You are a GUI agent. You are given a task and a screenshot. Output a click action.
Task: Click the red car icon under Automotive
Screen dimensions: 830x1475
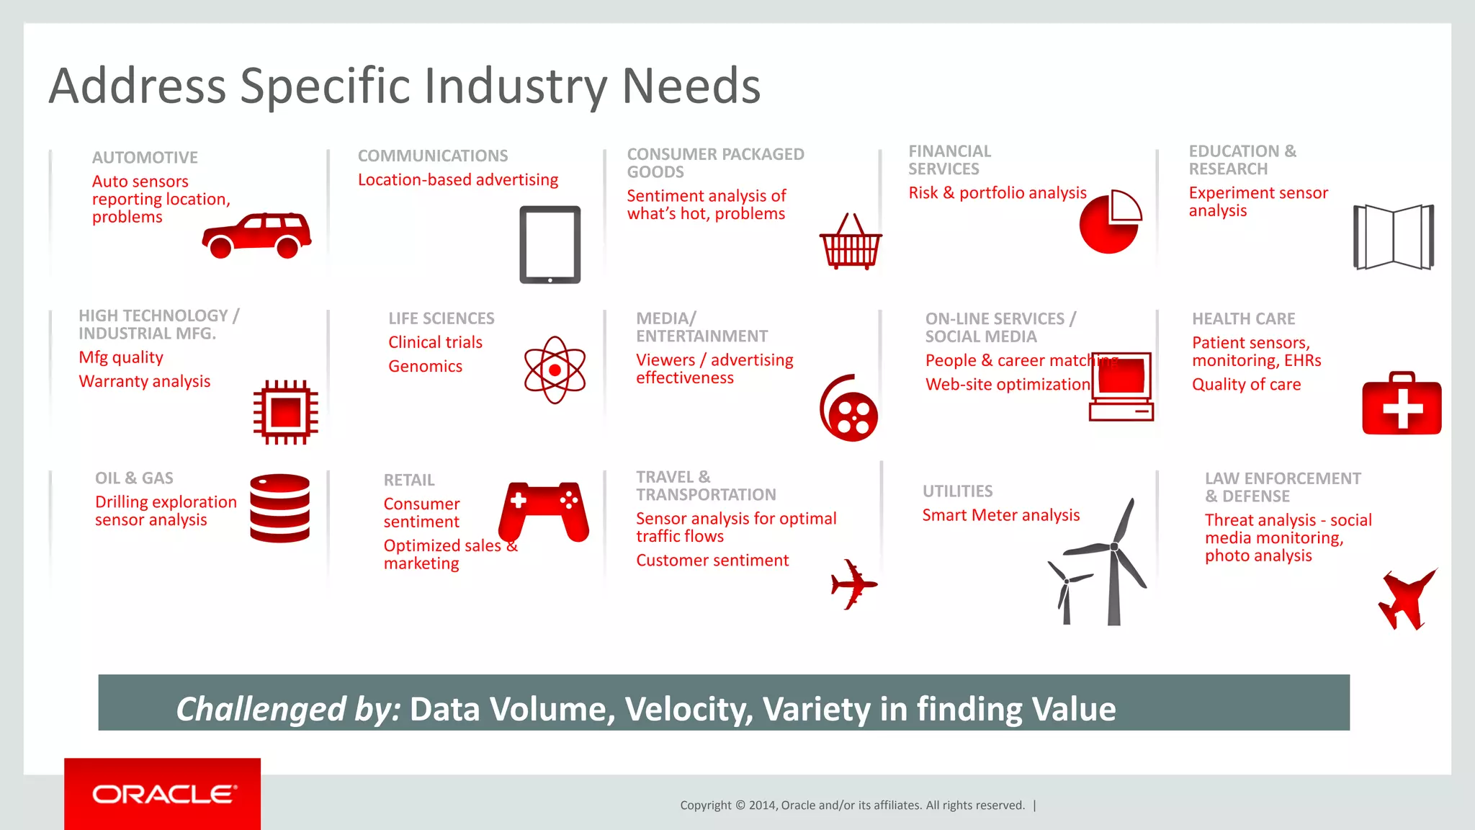click(256, 235)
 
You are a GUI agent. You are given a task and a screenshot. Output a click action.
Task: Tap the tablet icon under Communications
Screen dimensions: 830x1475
click(550, 244)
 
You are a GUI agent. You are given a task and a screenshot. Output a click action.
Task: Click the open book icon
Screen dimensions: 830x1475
click(1394, 237)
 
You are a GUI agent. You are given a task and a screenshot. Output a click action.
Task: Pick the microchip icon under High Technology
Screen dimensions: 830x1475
click(286, 412)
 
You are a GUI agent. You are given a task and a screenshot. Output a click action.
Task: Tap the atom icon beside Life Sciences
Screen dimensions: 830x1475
click(555, 370)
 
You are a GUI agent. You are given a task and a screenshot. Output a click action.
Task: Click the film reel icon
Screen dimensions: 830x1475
click(850, 409)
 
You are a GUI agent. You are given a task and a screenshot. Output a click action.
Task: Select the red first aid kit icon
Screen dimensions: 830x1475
click(1402, 404)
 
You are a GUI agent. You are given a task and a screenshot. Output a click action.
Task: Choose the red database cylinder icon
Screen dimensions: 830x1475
click(280, 507)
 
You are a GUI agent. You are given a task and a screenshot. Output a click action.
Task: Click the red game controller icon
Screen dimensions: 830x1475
click(544, 510)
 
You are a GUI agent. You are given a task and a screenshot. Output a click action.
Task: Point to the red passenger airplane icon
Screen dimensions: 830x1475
click(853, 584)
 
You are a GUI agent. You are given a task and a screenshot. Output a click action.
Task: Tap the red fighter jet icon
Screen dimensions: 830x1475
click(1406, 599)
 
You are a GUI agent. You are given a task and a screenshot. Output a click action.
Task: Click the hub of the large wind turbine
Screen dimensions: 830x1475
click(1114, 547)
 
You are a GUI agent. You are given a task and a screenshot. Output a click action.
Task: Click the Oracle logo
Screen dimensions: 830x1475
click(163, 794)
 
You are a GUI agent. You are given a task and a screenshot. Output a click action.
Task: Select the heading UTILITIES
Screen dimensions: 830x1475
click(957, 491)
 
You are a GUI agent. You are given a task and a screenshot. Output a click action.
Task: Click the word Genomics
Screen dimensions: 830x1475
click(425, 366)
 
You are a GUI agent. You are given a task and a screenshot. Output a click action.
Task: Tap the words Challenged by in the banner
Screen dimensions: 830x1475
click(288, 709)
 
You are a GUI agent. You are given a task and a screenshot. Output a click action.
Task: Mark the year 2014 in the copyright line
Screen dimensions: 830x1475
click(762, 806)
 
